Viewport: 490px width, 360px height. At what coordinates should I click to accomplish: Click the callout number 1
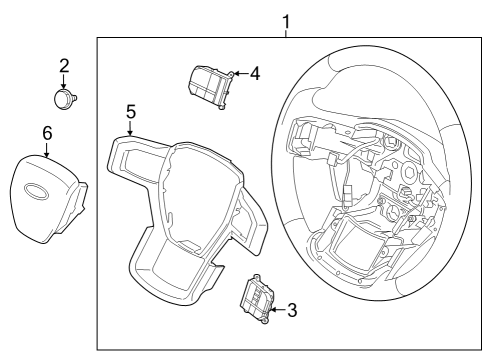click(287, 20)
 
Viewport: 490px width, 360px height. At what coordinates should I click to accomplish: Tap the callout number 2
click(64, 67)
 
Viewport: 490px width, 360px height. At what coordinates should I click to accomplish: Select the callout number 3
click(291, 310)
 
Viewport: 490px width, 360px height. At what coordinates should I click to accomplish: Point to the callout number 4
click(255, 73)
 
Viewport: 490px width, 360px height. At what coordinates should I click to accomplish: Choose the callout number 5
click(130, 112)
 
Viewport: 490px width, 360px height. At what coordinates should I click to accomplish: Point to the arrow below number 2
click(64, 83)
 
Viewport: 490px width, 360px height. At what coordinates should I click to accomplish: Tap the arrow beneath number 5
click(130, 128)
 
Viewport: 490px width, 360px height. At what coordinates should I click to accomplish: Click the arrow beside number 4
click(240, 73)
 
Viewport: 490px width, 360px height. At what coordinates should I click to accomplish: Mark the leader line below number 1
click(287, 33)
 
